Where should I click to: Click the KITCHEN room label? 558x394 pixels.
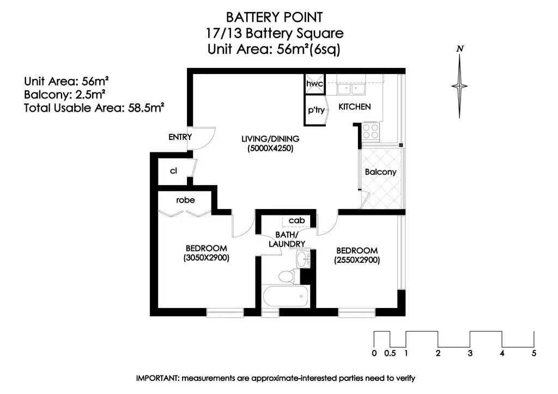click(x=354, y=107)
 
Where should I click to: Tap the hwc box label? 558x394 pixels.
click(x=314, y=84)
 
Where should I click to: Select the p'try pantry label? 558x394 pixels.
click(x=316, y=110)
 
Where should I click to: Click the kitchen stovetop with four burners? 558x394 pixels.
click(x=371, y=131)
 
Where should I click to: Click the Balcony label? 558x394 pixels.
click(x=380, y=172)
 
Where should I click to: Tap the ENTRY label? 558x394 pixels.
click(x=180, y=137)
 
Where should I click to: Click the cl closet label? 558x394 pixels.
click(x=173, y=171)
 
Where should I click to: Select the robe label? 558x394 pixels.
click(x=185, y=200)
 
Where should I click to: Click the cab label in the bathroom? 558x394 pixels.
click(x=296, y=220)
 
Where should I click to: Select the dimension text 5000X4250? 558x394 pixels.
click(x=270, y=149)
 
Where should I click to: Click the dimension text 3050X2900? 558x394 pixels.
click(x=207, y=258)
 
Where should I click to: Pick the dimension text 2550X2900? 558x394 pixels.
click(x=357, y=260)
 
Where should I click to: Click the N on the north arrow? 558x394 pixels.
click(x=460, y=48)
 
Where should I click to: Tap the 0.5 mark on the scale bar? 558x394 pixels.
click(x=390, y=353)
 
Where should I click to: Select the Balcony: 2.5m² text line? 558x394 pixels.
click(x=64, y=95)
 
